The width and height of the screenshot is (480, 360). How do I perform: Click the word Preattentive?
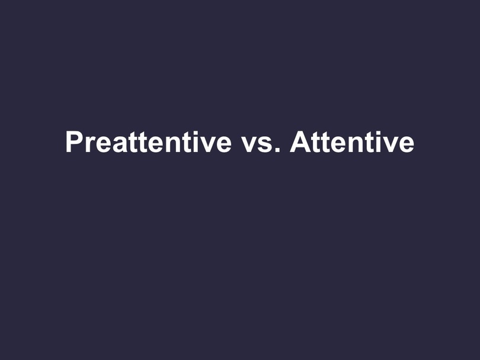click(149, 142)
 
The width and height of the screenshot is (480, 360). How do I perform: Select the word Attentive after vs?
click(352, 142)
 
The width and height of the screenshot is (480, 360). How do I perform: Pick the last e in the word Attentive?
click(407, 144)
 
